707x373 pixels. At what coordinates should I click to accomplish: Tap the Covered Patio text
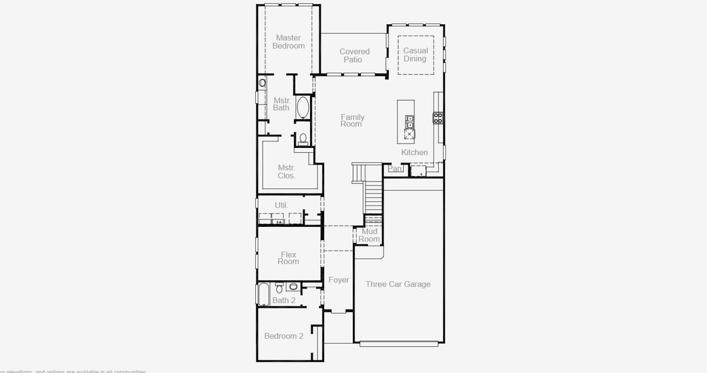[x=354, y=55]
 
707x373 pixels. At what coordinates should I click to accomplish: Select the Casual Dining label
[x=415, y=55]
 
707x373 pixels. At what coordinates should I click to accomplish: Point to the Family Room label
[x=352, y=121]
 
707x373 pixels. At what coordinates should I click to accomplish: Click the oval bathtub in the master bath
[x=303, y=108]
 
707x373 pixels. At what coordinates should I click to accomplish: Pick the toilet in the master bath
[x=303, y=139]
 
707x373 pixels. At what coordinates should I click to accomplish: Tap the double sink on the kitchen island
[x=410, y=122]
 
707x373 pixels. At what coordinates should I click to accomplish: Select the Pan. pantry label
[x=395, y=168]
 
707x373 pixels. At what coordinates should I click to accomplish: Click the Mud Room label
[x=369, y=235]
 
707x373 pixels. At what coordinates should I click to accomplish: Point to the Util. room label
[x=281, y=205]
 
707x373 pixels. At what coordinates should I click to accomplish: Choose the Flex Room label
[x=288, y=258]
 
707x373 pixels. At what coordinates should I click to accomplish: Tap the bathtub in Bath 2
[x=263, y=295]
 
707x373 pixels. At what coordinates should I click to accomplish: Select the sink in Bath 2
[x=293, y=287]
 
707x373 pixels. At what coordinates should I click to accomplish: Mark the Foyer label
[x=339, y=280]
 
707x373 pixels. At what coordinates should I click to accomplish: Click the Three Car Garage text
[x=398, y=284]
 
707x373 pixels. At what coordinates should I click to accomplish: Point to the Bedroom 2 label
[x=284, y=336]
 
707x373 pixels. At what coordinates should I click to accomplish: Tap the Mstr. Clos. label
[x=286, y=172]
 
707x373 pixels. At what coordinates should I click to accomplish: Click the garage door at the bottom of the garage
[x=398, y=343]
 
